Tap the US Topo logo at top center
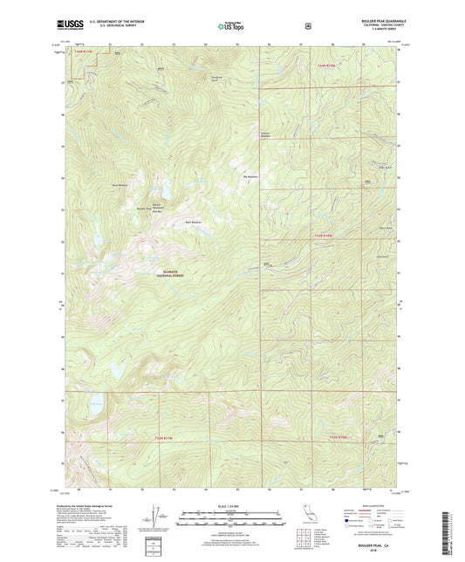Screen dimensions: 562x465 click(232, 26)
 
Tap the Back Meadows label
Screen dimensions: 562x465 click(193, 222)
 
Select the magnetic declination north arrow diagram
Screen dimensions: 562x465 click(155, 512)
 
